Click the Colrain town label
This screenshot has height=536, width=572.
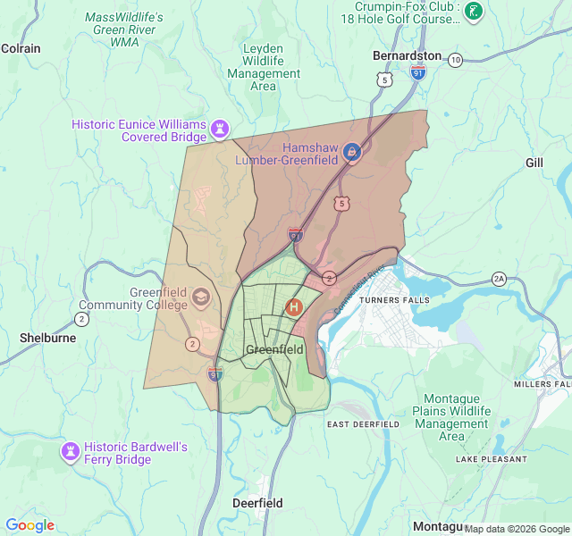(21, 48)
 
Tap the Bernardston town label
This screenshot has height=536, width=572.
(407, 55)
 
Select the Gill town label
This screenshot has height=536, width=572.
(534, 163)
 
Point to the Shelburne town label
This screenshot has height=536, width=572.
(46, 339)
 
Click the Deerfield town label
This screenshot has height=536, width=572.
(257, 503)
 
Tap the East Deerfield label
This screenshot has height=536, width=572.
(364, 423)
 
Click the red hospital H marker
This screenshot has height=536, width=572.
(293, 306)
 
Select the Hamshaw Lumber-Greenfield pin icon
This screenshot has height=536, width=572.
(352, 152)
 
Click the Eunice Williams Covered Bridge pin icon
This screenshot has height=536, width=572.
(219, 130)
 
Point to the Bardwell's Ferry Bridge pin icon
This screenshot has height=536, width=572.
(69, 451)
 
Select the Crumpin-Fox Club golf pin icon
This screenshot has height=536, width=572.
(475, 11)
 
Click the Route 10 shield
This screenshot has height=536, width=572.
(456, 60)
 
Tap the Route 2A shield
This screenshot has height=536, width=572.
(499, 279)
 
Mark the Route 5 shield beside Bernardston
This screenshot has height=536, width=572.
(385, 80)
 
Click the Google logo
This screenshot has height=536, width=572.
(29, 525)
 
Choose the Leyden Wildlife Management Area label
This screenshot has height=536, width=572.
(264, 67)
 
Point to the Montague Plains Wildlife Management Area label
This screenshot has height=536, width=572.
(451, 417)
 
